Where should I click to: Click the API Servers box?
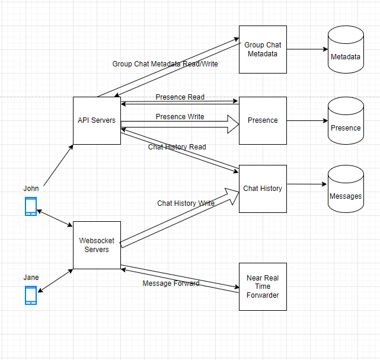97,120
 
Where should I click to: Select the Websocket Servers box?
97,245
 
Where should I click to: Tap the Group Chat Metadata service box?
263,49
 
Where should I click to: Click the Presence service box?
263,120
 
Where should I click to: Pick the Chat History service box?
263,189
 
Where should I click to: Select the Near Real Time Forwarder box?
263,286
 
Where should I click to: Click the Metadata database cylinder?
345,52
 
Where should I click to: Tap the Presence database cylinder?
345,123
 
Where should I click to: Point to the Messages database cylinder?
345,191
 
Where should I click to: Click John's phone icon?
31,206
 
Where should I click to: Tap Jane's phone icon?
31,295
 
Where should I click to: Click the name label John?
31,189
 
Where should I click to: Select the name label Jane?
31,278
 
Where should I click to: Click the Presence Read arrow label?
180,97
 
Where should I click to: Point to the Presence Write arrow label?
180,117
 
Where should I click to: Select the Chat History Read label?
177,146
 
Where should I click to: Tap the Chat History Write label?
186,203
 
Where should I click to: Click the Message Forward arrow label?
171,283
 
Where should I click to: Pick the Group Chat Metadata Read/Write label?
165,63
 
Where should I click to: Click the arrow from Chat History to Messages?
307,184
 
